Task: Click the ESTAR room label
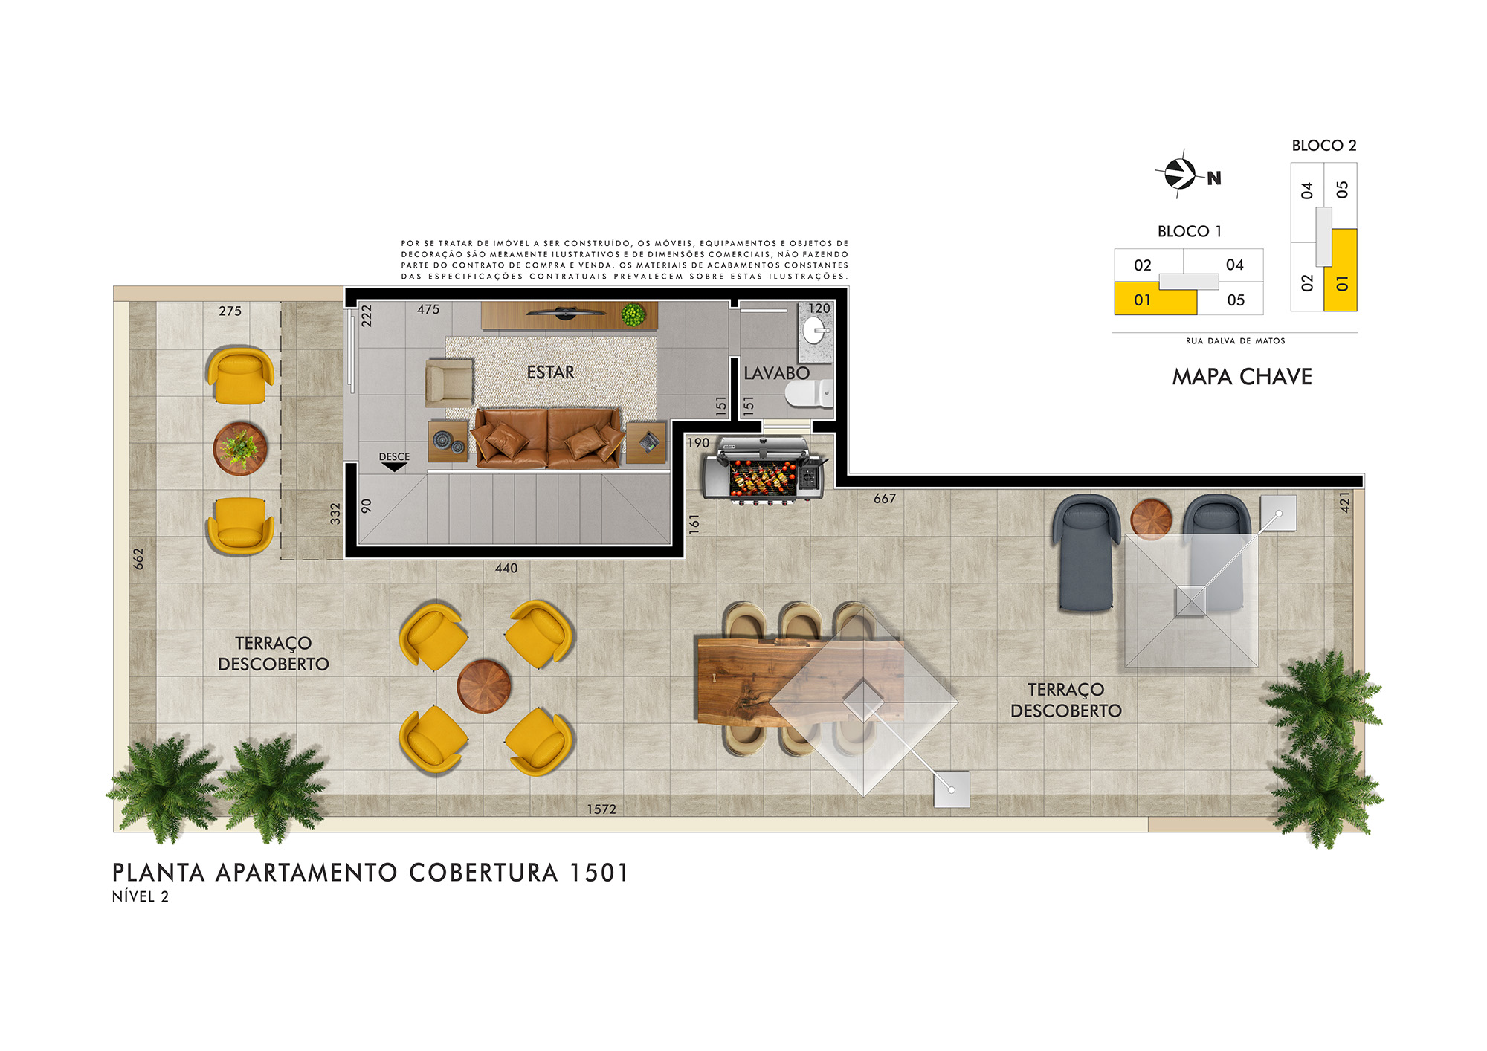pos(550,372)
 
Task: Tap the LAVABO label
pos(776,373)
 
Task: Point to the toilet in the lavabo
pos(809,394)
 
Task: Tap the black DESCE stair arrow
pos(393,467)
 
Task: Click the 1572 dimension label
pos(601,809)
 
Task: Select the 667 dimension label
pos(885,499)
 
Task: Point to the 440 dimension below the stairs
pos(506,568)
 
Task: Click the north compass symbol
pos(1180,174)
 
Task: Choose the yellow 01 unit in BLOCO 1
pos(1155,299)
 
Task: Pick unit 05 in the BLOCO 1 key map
pos(1236,300)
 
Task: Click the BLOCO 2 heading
pos(1324,146)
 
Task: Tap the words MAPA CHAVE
pos(1242,377)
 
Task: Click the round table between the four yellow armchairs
pos(484,686)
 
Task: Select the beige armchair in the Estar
pos(449,383)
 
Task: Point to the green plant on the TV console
pos(633,314)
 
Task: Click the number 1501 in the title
pos(599,873)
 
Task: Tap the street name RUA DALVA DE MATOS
pos(1235,341)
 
